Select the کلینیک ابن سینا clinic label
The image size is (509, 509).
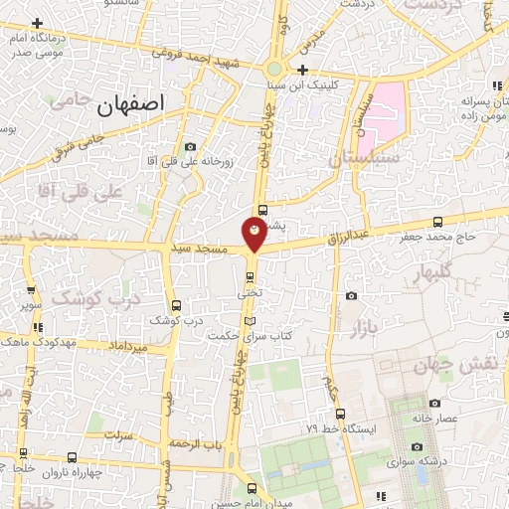tap(341, 85)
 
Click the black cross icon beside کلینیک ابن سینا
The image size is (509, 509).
tap(302, 70)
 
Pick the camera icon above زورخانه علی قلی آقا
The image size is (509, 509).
tap(190, 147)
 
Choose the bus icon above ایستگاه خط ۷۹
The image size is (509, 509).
tap(340, 413)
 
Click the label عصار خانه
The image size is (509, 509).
tap(434, 419)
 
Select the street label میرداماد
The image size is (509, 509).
tap(129, 346)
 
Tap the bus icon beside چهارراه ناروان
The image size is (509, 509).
tap(72, 457)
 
